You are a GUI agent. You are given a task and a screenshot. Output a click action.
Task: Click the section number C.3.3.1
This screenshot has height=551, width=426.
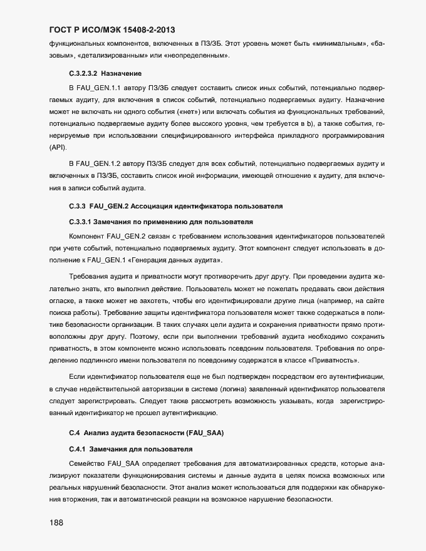click(80, 222)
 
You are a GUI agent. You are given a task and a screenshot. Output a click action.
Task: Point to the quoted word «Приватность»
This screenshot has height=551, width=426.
click(334, 361)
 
